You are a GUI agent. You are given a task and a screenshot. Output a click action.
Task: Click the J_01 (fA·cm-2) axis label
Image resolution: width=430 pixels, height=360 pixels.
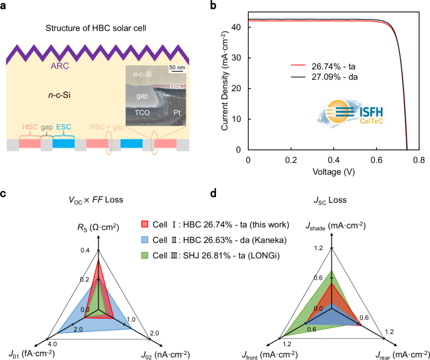(x=32, y=354)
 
